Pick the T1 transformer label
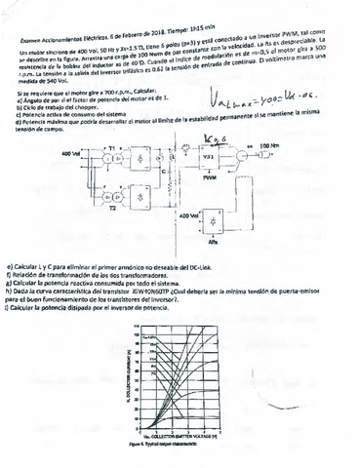(x=110, y=143)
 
